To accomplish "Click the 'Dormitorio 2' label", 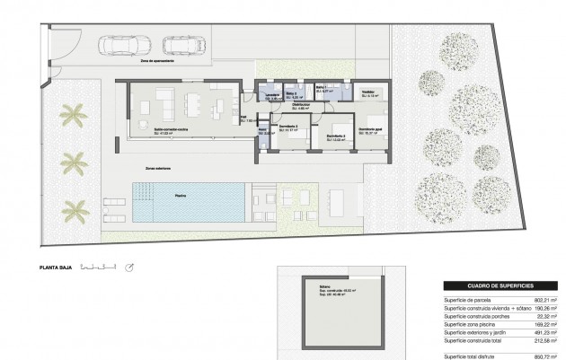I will click(x=335, y=136).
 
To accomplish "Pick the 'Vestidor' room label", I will click(x=368, y=92).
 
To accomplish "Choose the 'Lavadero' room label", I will click(x=271, y=92).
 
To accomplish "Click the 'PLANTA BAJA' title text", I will click(x=55, y=267).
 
